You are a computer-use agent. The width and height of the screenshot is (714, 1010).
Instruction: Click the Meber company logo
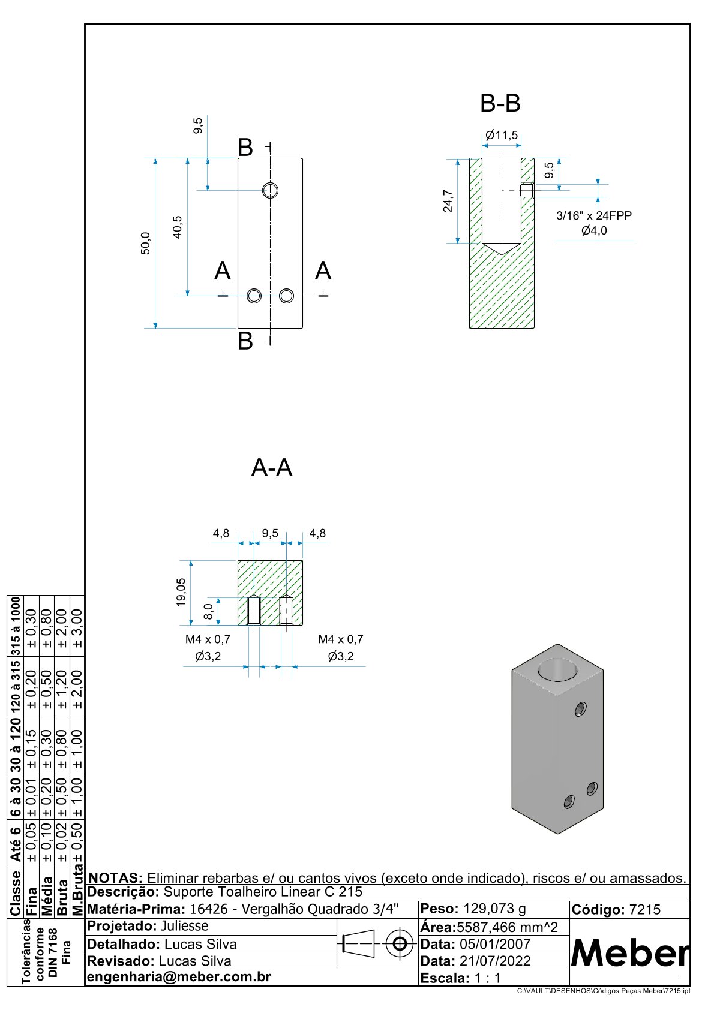pyautogui.click(x=629, y=952)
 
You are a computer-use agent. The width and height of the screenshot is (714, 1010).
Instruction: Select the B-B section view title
pyautogui.click(x=500, y=104)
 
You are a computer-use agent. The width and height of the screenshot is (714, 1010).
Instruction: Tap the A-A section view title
pyautogui.click(x=272, y=468)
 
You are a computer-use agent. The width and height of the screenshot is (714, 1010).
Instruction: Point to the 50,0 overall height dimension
pyautogui.click(x=146, y=244)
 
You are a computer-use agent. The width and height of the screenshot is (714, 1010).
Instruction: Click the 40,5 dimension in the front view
pyautogui.click(x=178, y=227)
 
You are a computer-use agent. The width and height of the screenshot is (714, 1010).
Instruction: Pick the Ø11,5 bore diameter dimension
pyautogui.click(x=502, y=136)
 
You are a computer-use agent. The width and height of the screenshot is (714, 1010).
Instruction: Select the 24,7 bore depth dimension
pyautogui.click(x=448, y=201)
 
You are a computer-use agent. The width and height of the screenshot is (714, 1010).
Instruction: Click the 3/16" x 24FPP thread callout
pyautogui.click(x=594, y=215)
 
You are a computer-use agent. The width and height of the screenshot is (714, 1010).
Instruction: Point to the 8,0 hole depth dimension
pyautogui.click(x=209, y=611)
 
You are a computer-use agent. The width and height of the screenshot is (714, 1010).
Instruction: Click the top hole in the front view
pyautogui.click(x=271, y=190)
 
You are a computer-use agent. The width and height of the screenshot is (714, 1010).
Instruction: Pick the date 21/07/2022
pyautogui.click(x=495, y=961)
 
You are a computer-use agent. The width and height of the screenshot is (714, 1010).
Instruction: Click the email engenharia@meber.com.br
pyautogui.click(x=179, y=977)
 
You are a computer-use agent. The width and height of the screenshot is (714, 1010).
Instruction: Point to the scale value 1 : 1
pyautogui.click(x=487, y=978)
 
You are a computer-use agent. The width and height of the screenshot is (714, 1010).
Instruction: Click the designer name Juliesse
pyautogui.click(x=185, y=926)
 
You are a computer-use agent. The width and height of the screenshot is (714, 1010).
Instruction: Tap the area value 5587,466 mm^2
pyautogui.click(x=507, y=927)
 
